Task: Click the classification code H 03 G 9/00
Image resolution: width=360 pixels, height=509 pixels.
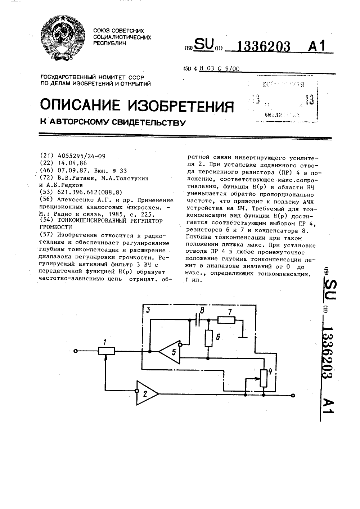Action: (220, 69)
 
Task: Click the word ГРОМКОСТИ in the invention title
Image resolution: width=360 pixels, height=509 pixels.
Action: (55, 227)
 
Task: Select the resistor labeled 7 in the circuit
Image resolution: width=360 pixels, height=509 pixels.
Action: (226, 320)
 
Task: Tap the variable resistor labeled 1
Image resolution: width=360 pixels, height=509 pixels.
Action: (107, 351)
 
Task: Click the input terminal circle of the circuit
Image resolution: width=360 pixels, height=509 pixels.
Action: (76, 351)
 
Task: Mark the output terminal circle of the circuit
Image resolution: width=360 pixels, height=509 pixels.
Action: (293, 395)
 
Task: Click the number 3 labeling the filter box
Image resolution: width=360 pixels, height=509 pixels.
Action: (148, 310)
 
